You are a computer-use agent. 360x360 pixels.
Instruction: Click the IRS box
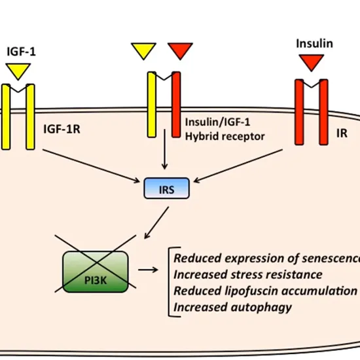(166, 189)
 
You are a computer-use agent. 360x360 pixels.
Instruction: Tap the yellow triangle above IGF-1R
(18, 69)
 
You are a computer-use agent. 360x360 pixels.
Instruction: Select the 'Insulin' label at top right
(314, 44)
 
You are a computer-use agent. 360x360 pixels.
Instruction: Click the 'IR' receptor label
(342, 133)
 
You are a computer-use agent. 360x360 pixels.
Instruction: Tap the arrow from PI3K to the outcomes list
(152, 268)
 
